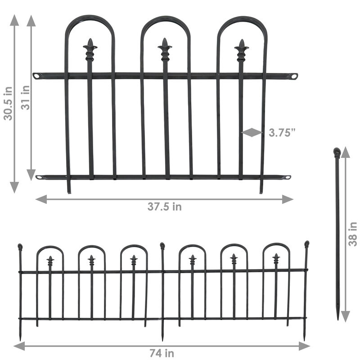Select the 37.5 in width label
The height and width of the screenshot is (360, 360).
(x=165, y=207)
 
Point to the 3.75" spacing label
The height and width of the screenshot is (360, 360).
(x=282, y=133)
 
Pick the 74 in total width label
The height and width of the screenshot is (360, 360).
(x=162, y=353)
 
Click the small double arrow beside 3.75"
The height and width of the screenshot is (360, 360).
(x=252, y=132)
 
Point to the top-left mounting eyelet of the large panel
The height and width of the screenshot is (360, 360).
(x=36, y=76)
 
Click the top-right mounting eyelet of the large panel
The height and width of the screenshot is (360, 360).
(x=294, y=76)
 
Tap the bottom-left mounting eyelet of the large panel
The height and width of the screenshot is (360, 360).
(x=39, y=177)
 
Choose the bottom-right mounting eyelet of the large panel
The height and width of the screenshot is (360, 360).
(x=287, y=178)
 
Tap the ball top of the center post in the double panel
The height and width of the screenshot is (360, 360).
(x=162, y=246)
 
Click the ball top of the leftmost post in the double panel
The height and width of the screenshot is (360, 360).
(x=20, y=247)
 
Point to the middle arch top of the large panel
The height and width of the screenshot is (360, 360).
(x=165, y=19)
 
